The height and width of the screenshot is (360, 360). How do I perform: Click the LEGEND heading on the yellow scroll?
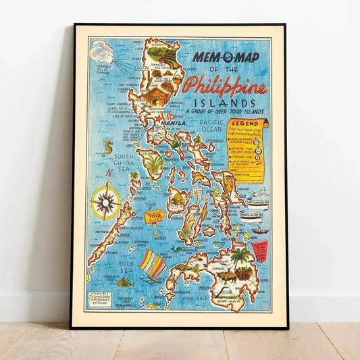245,124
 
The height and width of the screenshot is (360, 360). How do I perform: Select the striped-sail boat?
152,265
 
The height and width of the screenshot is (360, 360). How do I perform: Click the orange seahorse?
107,147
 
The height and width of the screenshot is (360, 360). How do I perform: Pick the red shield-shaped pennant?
260,251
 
